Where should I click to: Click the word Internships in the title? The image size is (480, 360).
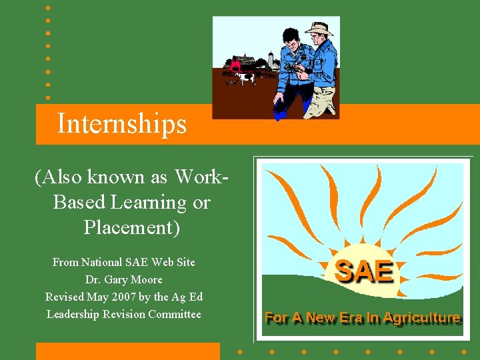tap(121, 124)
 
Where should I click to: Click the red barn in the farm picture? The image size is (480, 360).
tap(235, 64)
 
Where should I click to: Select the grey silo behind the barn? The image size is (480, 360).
tap(271, 60)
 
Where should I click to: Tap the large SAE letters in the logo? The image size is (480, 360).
tap(363, 271)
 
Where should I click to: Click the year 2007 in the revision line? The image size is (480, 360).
tap(138, 297)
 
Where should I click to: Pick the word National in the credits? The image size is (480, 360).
tap(103, 262)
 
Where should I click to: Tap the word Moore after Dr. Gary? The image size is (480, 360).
tap(148, 279)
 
